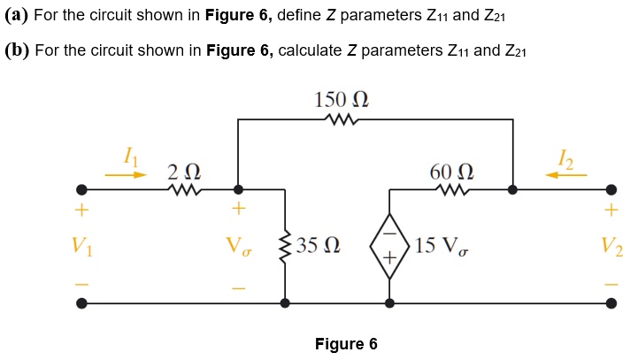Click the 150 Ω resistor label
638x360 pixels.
coord(342,99)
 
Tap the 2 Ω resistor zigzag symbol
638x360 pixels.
coord(188,188)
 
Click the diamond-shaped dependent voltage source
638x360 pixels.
coord(389,246)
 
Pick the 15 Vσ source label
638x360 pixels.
coord(440,245)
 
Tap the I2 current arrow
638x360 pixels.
coord(565,175)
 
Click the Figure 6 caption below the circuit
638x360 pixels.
coord(346,344)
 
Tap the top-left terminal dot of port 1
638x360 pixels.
coord(81,189)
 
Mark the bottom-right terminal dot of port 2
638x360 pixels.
coord(611,303)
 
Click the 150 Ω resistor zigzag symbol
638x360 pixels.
coord(342,119)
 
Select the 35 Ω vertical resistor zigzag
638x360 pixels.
coord(285,245)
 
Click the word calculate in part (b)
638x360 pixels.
coord(310,50)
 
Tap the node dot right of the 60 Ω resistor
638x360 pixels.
coord(512,189)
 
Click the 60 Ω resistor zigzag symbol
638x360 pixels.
coord(451,188)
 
